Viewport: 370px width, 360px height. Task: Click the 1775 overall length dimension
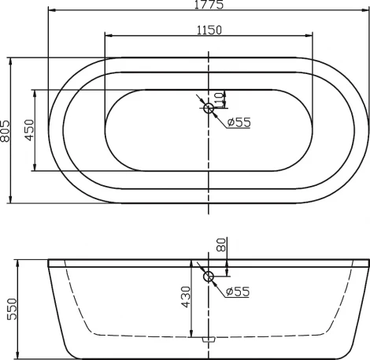[x=208, y=5]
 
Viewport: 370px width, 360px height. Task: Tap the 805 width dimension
[x=6, y=130]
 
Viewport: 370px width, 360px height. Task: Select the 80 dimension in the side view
[x=223, y=244]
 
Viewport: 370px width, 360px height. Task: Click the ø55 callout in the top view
[x=238, y=122]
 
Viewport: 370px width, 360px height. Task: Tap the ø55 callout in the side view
[x=237, y=292]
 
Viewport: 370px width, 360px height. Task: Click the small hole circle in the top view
[x=209, y=108]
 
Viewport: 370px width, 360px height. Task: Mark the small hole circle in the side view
[x=209, y=276]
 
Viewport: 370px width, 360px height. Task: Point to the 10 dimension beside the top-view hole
[x=220, y=98]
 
